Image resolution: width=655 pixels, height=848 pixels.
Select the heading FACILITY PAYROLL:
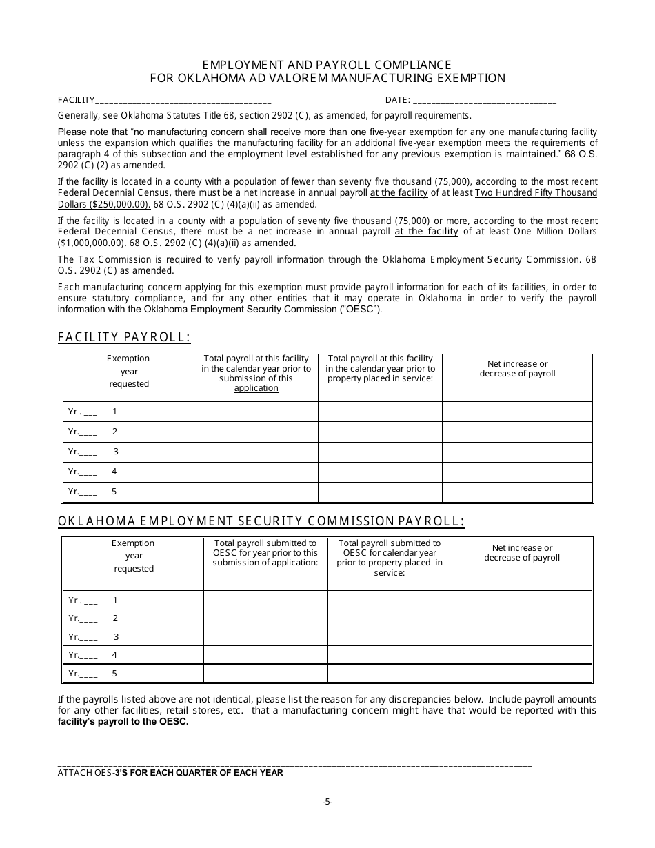click(x=124, y=337)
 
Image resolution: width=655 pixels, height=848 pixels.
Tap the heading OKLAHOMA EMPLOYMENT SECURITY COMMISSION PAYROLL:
click(x=261, y=522)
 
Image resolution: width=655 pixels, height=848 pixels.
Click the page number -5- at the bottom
click(x=327, y=801)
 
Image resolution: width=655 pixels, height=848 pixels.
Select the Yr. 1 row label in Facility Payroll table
click(x=92, y=412)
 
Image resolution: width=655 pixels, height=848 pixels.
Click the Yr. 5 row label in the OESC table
click(x=92, y=674)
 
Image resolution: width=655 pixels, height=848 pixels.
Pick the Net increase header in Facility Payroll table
click(x=517, y=369)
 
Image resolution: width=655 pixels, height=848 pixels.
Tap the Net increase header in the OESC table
click(x=522, y=553)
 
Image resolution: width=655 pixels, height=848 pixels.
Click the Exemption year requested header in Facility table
click(x=128, y=371)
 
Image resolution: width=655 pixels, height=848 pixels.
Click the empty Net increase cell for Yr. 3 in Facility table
click(x=517, y=452)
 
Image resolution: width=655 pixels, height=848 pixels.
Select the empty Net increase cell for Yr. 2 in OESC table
click(x=522, y=618)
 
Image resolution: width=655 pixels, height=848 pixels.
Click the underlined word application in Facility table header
click(x=256, y=388)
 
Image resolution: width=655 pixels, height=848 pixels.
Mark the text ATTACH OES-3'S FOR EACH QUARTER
click(x=170, y=773)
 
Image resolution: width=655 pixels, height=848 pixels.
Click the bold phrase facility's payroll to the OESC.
click(x=123, y=722)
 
